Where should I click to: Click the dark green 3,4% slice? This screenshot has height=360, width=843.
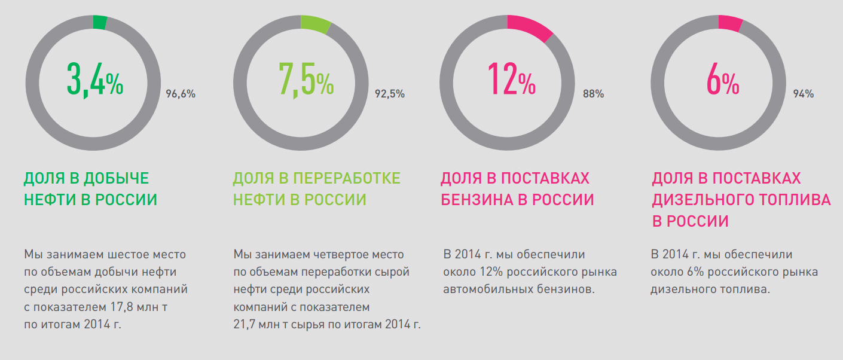100,22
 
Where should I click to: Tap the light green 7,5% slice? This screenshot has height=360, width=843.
316,23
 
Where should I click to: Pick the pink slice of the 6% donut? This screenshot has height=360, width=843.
730,23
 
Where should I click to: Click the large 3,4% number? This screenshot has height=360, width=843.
94,79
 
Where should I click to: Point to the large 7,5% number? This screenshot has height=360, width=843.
306,79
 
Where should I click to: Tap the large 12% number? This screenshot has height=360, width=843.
511,79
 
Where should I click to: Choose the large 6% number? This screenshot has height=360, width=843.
722,79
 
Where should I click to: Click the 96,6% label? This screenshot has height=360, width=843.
181,94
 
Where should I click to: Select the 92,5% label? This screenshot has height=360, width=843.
390,94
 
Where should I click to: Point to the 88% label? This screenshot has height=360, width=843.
594,94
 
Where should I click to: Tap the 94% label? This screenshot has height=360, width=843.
804,94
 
